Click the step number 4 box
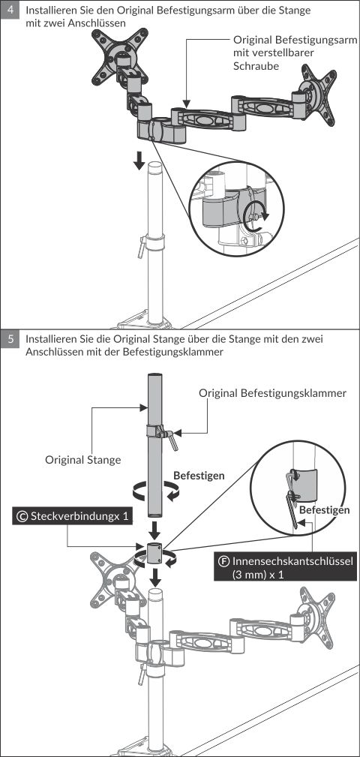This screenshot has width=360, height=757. pos(10,9)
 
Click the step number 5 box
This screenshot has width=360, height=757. pos(10,339)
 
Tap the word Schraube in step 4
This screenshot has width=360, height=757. pos(256,66)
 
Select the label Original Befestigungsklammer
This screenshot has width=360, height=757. pos(273,393)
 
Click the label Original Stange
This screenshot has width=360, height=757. pos(83,460)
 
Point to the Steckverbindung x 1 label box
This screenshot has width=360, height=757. pos(73,516)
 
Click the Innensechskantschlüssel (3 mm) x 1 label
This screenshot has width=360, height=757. pos(284,568)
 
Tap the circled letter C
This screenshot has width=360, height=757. pos(22,517)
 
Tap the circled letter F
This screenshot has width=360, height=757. pos(224,561)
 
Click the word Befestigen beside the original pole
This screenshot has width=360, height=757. pos(199,476)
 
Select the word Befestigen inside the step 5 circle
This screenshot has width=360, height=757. pos(324,510)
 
